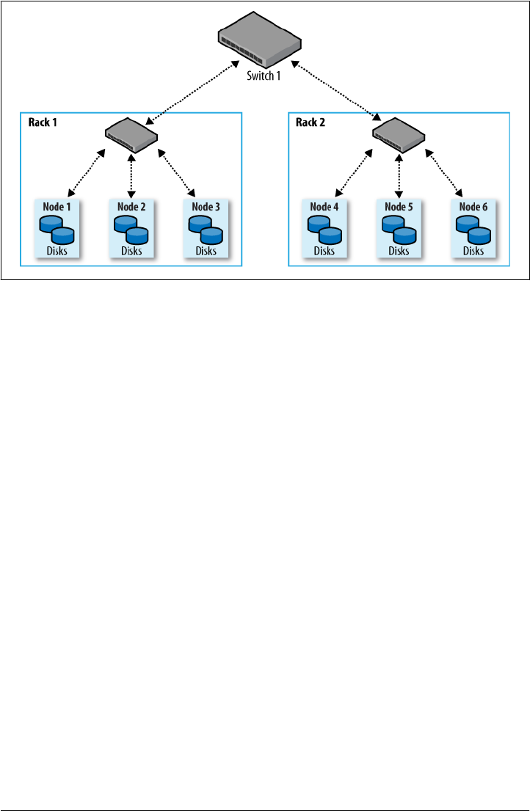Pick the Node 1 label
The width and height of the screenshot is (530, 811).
57,207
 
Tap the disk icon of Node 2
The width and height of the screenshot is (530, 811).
131,230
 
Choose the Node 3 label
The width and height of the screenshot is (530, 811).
206,207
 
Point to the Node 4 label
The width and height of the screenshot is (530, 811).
324,207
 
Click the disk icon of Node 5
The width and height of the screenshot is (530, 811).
399,230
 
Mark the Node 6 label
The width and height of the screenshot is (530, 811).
473,207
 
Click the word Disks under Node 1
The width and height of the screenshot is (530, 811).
57,251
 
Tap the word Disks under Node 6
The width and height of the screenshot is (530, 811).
473,251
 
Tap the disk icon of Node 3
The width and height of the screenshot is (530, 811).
206,230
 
